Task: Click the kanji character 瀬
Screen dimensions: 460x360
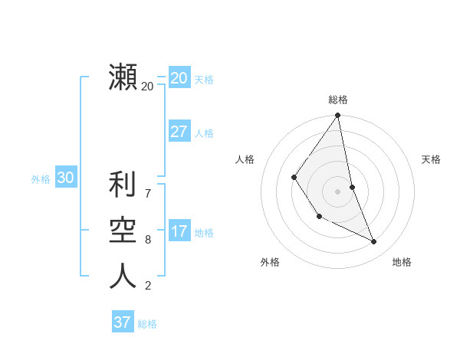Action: tap(123, 77)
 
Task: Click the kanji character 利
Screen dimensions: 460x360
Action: tap(123, 185)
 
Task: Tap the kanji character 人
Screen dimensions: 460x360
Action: tap(123, 276)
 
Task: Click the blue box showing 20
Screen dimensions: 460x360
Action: tap(179, 77)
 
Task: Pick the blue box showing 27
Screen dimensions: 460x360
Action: tap(179, 132)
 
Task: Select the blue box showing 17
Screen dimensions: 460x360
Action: tap(179, 231)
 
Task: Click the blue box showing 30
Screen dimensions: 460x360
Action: tap(65, 178)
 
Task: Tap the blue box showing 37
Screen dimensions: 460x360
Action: tap(122, 322)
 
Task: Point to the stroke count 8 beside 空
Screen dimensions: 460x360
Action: tap(148, 240)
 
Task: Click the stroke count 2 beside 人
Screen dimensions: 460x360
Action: tap(148, 286)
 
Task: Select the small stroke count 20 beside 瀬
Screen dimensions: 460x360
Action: tap(147, 87)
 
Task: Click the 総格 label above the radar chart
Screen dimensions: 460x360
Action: tap(338, 100)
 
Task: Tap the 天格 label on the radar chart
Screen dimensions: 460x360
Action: tap(432, 159)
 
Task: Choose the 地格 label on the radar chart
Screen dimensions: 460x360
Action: tap(402, 262)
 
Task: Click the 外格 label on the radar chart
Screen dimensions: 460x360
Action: tap(270, 262)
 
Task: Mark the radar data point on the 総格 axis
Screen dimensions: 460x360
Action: tap(337, 116)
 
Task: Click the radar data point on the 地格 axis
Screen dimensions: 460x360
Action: tap(374, 242)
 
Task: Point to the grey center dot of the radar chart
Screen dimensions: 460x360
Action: tap(337, 191)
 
